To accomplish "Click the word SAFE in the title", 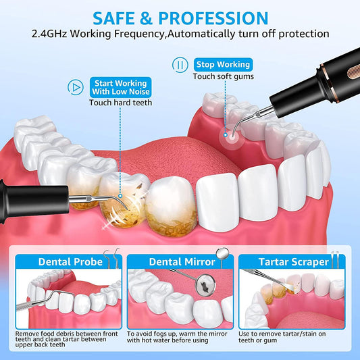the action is click(113, 18).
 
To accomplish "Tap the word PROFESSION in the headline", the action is click(213, 18).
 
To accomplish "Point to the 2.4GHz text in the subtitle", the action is click(49, 34).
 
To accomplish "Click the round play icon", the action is click(75, 87).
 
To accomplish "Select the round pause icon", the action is click(180, 65).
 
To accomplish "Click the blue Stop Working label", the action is click(223, 65).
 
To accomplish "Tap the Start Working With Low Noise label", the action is click(121, 87).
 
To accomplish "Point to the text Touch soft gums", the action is click(224, 76).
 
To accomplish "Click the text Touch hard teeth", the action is click(121, 103).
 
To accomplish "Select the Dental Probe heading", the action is click(70, 262).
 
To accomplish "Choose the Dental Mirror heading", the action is click(182, 262).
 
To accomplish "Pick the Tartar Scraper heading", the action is click(294, 262).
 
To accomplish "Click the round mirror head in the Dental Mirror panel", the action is click(205, 286).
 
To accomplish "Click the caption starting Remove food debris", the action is click(66, 339).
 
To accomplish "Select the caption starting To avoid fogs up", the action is click(177, 337).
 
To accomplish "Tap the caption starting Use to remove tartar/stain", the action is click(282, 337).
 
